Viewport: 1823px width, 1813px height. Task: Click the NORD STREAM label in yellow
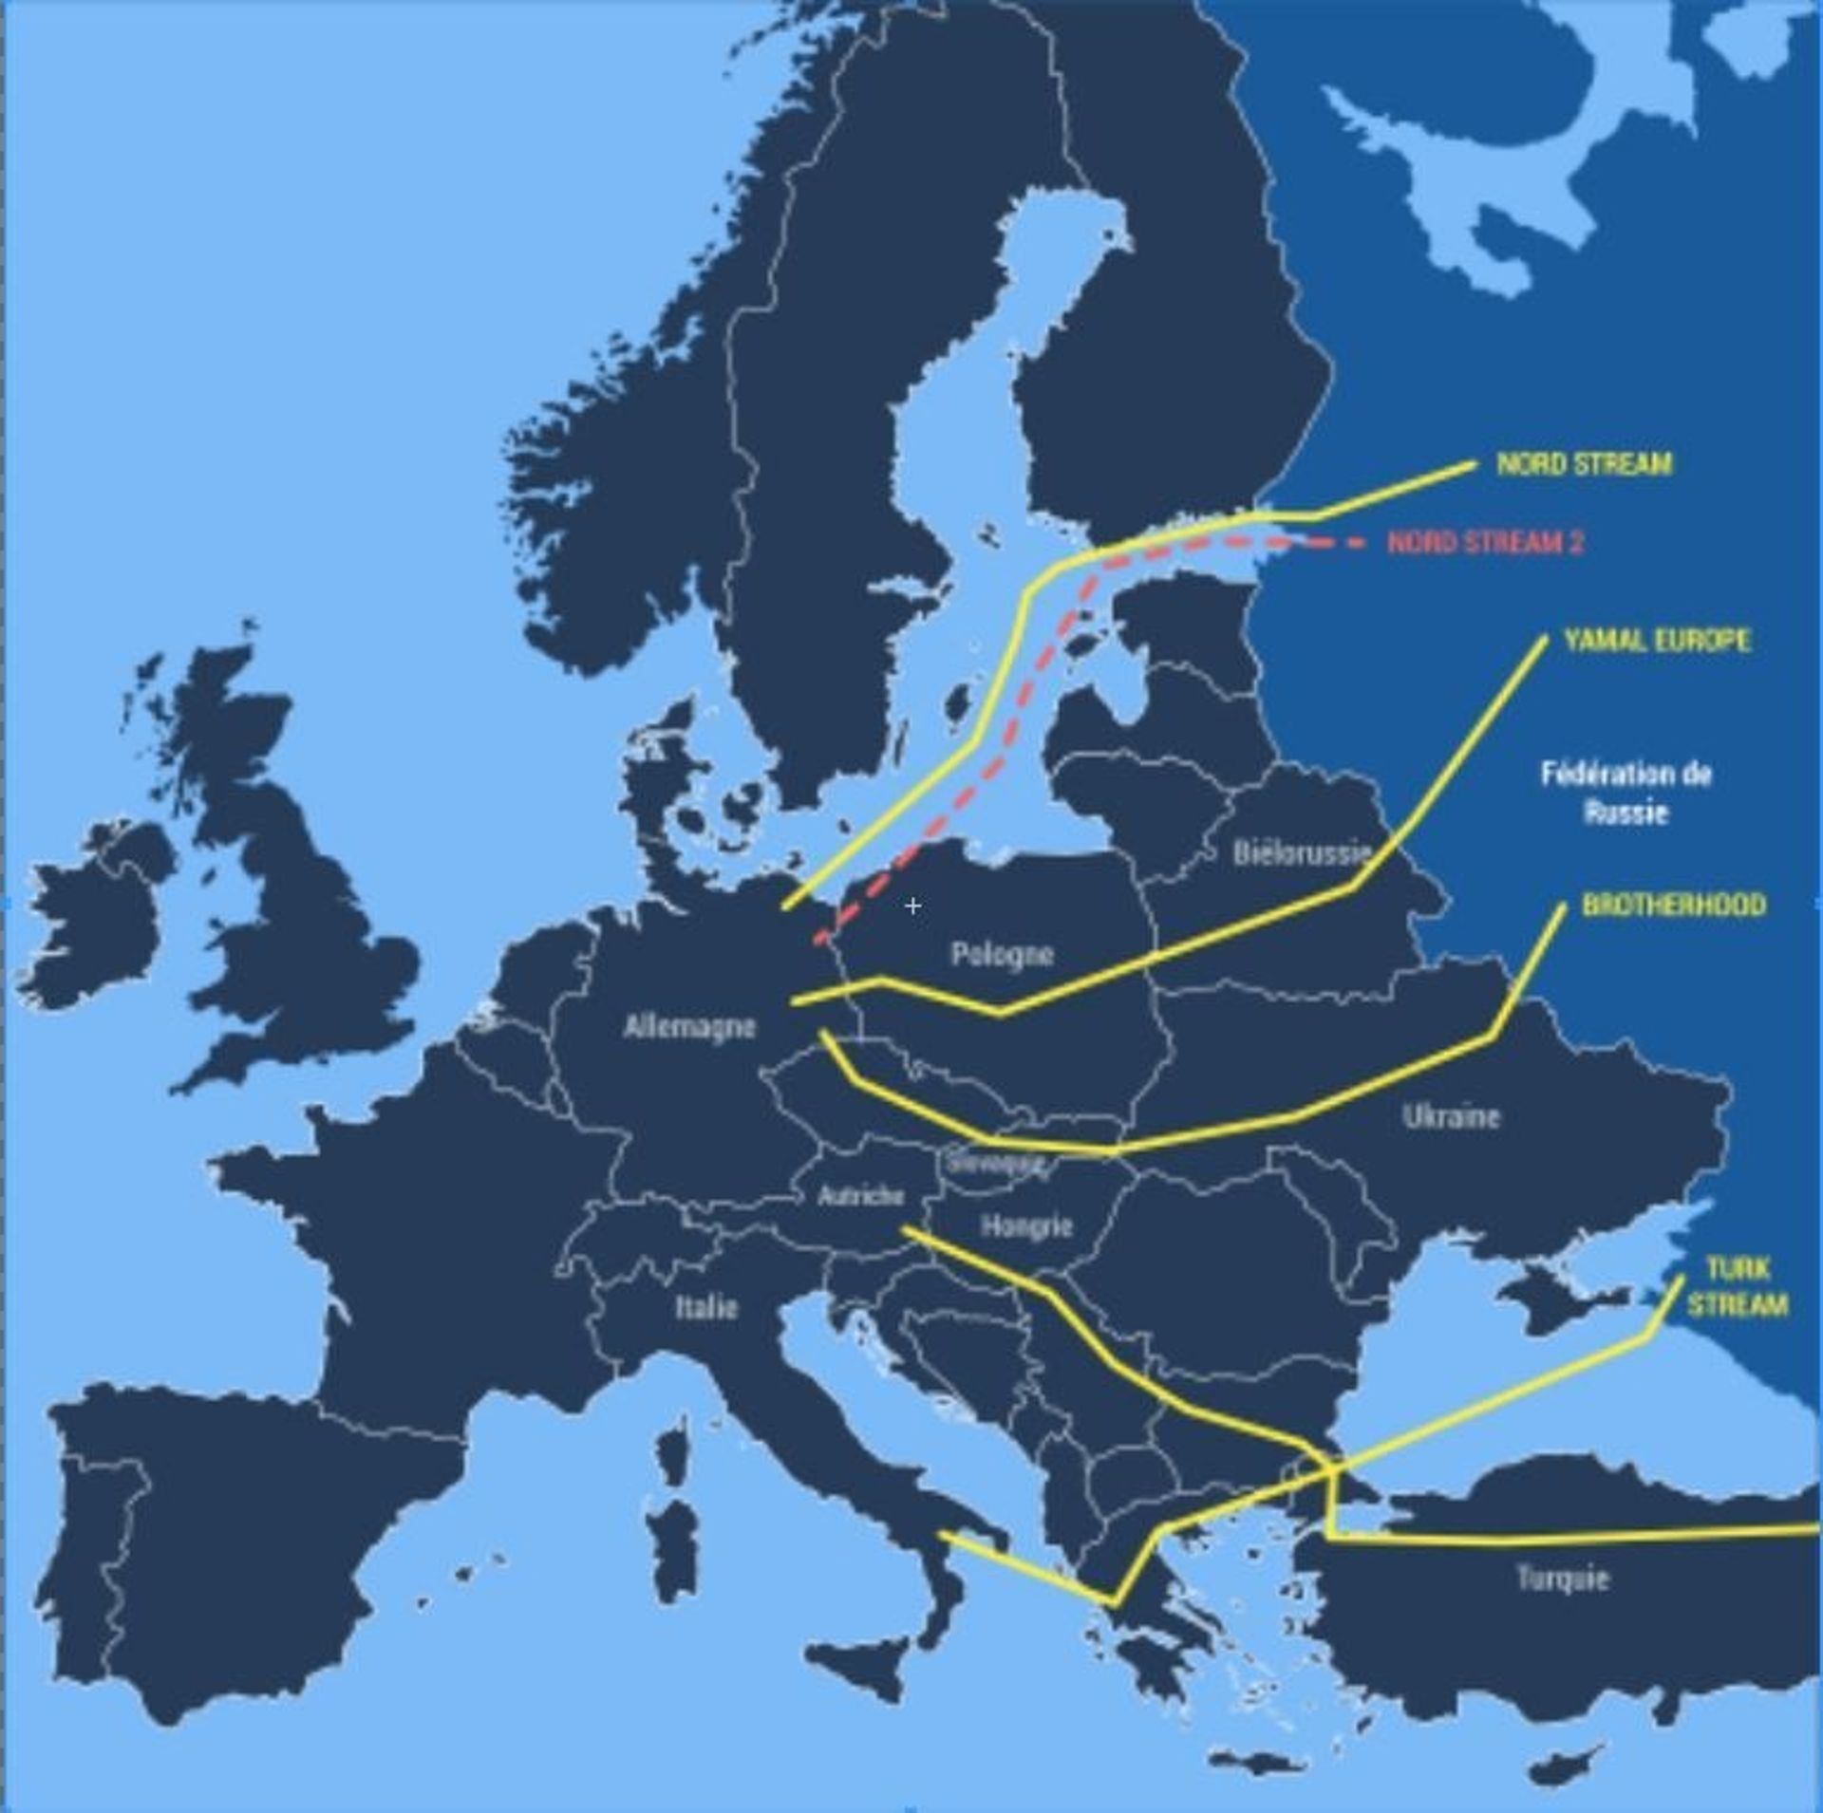tap(1584, 463)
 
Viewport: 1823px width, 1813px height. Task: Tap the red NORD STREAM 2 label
tap(1485, 542)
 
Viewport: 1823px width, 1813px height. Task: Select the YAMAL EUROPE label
tap(1657, 640)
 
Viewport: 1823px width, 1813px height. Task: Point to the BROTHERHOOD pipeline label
tap(1674, 905)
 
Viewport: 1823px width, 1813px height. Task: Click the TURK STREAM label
tap(1738, 1286)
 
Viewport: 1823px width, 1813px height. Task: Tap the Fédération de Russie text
tap(1626, 793)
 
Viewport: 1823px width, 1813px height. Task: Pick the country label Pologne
tap(1002, 954)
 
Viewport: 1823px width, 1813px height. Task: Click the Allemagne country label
tap(689, 1026)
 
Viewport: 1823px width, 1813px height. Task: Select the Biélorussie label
tap(1302, 851)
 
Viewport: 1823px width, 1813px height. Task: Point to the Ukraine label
tap(1451, 1116)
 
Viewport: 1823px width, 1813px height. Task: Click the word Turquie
tap(1562, 1578)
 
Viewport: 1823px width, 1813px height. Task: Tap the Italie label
tap(706, 1307)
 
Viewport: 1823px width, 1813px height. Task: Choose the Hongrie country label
tap(1026, 1225)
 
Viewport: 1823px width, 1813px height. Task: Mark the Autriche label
tap(860, 1196)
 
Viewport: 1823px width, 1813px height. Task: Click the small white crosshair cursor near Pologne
tap(912, 906)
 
